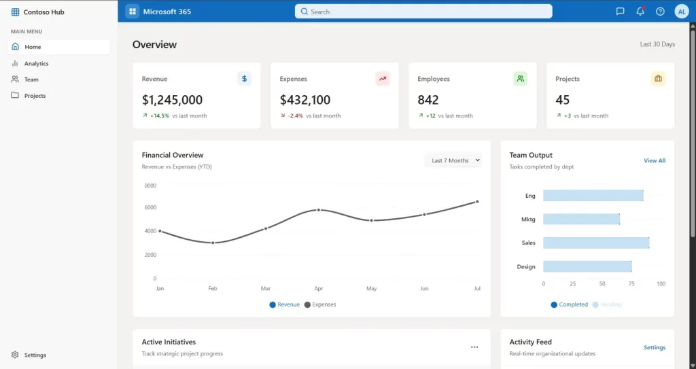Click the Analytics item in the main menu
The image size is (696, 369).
[x=36, y=63]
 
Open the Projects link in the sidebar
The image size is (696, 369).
[x=35, y=96]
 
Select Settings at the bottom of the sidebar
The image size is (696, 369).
[x=35, y=355]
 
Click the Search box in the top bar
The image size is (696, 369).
[x=423, y=12]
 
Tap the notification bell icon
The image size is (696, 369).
[x=640, y=12]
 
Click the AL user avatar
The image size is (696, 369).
[x=681, y=12]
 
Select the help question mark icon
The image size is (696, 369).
[x=660, y=12]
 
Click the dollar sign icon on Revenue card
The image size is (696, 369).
[x=244, y=79]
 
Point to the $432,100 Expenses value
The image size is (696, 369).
[x=305, y=100]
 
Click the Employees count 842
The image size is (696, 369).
[x=428, y=100]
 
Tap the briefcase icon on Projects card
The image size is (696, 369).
[x=658, y=79]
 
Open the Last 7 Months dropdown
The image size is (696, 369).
[x=455, y=160]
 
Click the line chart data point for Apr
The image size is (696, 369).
[x=319, y=210]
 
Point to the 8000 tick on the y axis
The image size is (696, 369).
[x=150, y=186]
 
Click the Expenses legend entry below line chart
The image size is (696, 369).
[x=320, y=304]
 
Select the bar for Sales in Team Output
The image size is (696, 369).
[x=596, y=243]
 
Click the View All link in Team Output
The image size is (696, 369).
[x=655, y=160]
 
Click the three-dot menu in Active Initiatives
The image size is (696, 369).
[x=474, y=347]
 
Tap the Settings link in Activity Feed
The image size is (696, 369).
[x=655, y=347]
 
